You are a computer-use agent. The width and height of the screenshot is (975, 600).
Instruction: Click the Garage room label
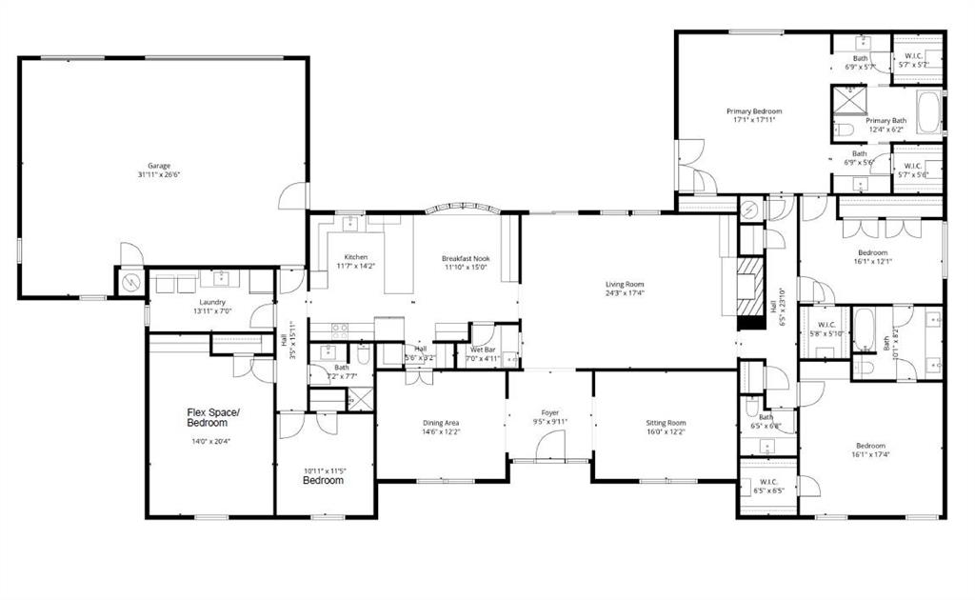(158, 165)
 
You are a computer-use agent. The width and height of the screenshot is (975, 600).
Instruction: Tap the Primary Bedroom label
(754, 111)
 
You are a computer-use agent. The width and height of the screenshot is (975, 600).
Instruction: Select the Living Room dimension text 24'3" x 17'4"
(626, 294)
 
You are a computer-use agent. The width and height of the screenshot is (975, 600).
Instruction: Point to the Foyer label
(549, 412)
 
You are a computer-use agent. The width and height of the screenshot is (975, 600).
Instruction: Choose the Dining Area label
(441, 423)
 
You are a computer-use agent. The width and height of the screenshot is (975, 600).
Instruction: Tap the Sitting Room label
(664, 423)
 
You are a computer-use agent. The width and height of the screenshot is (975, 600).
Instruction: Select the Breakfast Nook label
(464, 258)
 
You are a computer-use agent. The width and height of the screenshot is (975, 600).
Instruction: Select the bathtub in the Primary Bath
(928, 112)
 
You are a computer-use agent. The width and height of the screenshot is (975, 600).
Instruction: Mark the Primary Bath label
(885, 121)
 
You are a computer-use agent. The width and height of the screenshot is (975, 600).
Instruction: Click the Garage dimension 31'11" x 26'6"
(158, 175)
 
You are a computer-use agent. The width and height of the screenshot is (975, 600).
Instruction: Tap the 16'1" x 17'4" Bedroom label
(870, 446)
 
